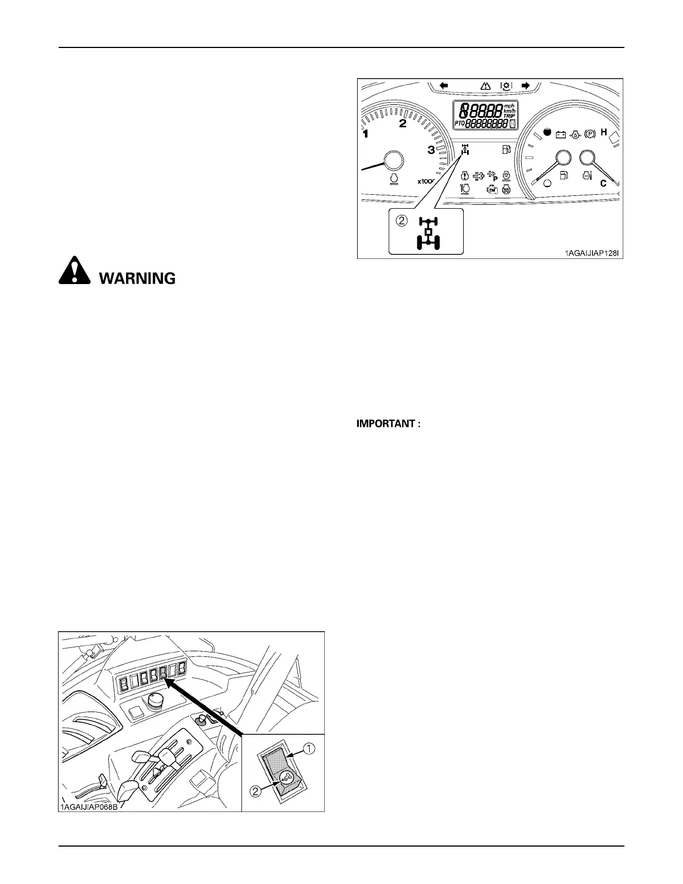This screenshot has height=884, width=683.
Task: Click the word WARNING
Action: click(137, 278)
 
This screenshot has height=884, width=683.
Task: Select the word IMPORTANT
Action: click(388, 424)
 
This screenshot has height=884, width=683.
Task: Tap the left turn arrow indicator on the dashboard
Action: click(444, 85)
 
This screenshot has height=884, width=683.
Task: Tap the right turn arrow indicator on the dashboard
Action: click(525, 85)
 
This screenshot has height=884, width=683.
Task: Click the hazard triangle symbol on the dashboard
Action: click(485, 86)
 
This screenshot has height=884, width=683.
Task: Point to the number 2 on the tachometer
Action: click(402, 124)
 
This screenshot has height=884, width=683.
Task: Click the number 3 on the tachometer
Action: click(431, 150)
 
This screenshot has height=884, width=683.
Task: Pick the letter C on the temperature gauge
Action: click(603, 184)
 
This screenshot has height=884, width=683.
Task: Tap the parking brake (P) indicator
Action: click(589, 134)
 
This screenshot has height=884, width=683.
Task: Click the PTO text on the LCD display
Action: click(459, 124)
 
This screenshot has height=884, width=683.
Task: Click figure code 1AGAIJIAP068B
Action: click(90, 806)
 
